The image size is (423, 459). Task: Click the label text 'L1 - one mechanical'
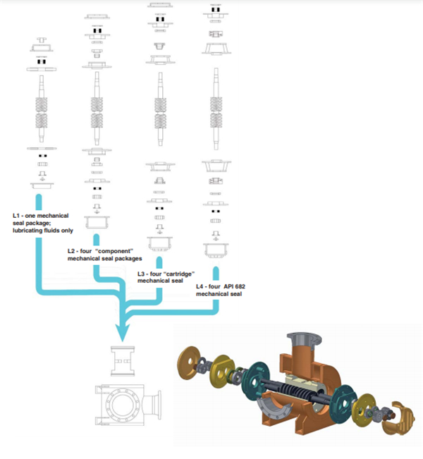(x=41, y=216)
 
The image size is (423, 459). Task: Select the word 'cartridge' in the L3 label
(x=179, y=274)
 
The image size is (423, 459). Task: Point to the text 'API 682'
(x=234, y=286)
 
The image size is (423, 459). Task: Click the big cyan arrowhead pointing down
(x=122, y=331)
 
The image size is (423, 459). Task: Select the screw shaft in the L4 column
(x=216, y=109)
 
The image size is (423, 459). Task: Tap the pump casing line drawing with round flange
(x=128, y=405)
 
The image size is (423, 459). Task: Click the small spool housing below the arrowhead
(x=123, y=361)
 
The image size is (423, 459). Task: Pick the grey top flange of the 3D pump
(x=304, y=340)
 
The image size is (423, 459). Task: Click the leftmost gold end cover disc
(x=190, y=362)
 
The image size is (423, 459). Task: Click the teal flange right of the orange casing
(x=343, y=404)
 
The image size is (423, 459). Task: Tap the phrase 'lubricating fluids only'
(x=43, y=231)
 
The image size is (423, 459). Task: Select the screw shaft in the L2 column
(x=97, y=109)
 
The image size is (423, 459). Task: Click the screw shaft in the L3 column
(x=160, y=109)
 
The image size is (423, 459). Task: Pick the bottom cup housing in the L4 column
(x=216, y=250)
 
